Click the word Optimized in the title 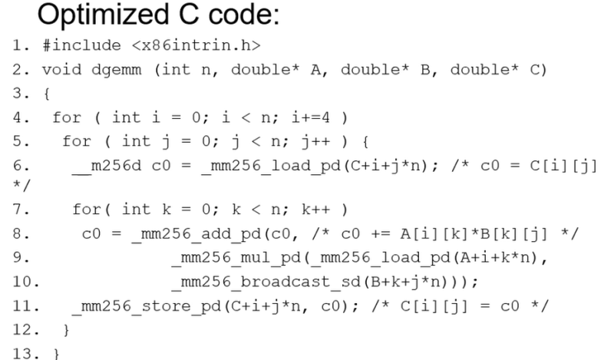tap(103, 15)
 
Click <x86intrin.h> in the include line tap(196, 45)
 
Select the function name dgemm tap(117, 71)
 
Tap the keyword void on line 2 tap(62, 69)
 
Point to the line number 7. tap(21, 210)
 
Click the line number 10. tap(26, 282)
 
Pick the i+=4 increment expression tap(311, 117)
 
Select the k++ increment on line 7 tap(316, 210)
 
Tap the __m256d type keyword tap(106, 166)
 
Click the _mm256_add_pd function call tap(196, 234)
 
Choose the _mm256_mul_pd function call tap(236, 258)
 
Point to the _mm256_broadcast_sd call tap(266, 282)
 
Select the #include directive tap(82, 45)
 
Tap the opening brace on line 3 tap(47, 94)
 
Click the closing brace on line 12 tap(66, 330)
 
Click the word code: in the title tap(243, 15)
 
